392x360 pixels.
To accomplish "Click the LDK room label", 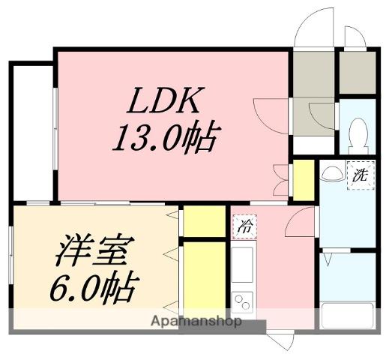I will point(166,100).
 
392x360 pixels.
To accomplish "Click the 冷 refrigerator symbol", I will point(244,223).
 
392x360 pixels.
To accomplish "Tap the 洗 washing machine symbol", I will point(360,177).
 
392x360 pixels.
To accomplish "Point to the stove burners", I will point(243,302).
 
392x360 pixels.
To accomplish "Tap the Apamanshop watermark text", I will point(196,322).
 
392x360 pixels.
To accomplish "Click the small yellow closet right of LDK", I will point(303,180).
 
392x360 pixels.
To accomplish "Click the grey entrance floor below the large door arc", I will point(313,73).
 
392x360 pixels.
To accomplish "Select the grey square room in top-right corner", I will point(357,73).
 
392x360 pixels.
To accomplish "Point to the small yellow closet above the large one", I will point(204,221).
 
